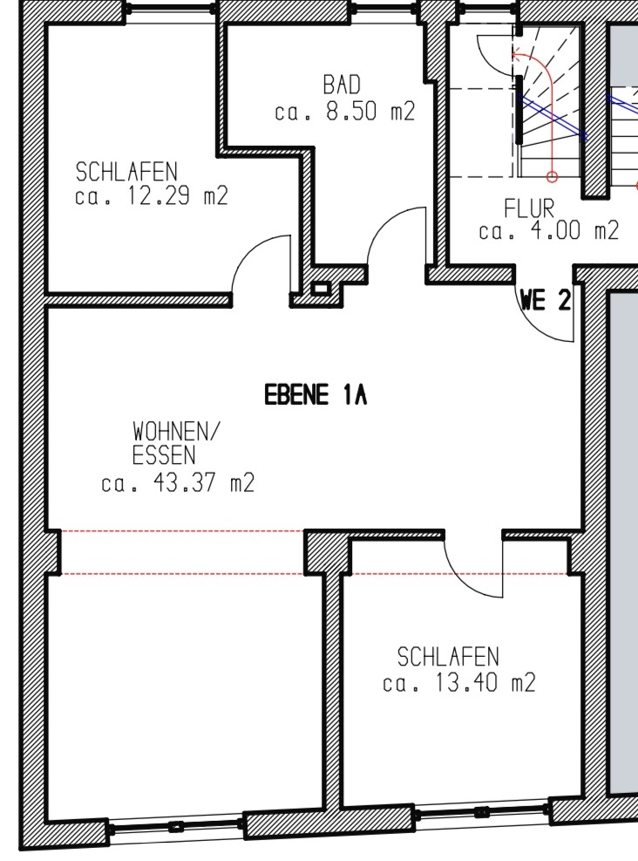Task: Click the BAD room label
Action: coord(341,85)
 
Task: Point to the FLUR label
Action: coord(529,208)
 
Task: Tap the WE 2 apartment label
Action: coord(546,301)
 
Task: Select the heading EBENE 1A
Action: coord(316,395)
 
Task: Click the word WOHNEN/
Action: coord(175,432)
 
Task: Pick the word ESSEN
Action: coord(164,455)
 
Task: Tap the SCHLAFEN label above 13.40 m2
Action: coord(448,657)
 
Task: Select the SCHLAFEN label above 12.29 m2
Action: coord(126,172)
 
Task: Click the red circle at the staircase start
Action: coord(553,177)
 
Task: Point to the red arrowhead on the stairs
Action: coord(516,54)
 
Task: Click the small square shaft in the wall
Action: coord(320,289)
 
